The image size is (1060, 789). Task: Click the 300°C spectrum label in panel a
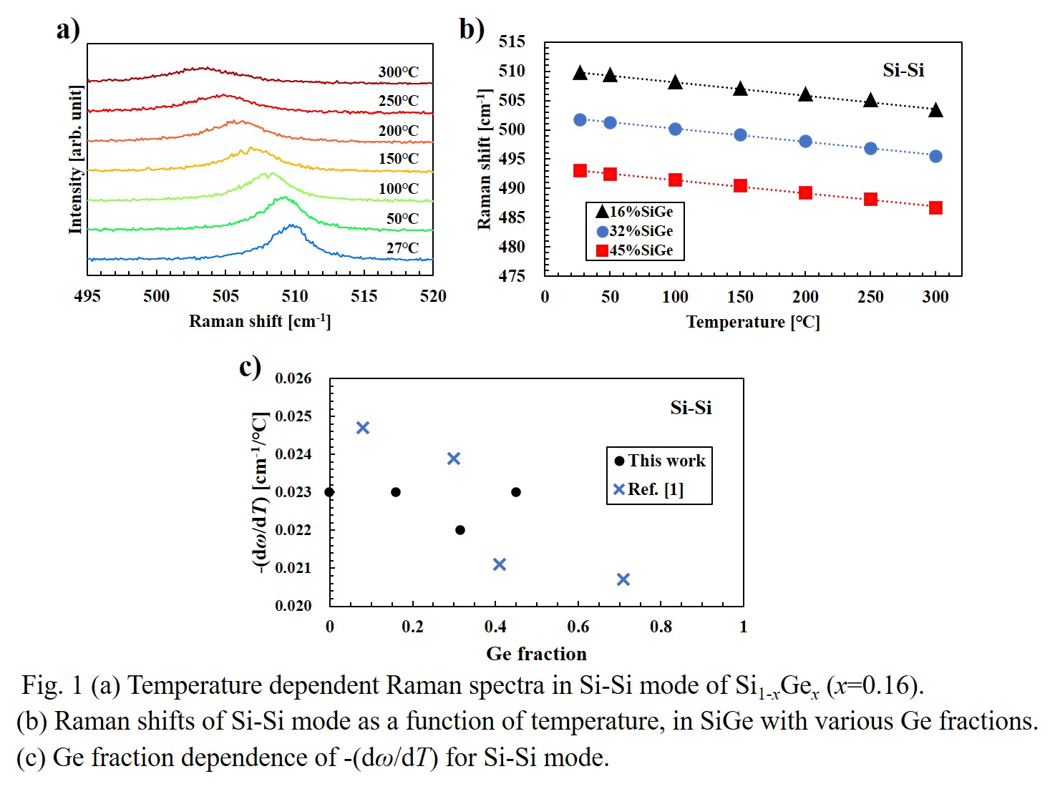398,72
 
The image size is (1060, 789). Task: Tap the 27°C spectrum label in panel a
402,248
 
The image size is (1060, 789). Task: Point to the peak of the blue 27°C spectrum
292,225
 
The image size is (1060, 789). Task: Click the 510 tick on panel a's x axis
294,296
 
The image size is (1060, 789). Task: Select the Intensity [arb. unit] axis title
75,159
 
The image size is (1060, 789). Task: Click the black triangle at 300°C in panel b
935,110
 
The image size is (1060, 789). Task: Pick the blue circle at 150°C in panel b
740,135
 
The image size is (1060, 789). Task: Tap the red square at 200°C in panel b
805,193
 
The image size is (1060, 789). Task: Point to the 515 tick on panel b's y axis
512,41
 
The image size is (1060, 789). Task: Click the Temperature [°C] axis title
752,322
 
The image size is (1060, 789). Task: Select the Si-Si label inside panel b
903,70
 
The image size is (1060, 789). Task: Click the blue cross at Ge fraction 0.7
623,579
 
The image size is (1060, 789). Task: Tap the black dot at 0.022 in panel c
460,530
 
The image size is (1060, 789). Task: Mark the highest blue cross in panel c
363,428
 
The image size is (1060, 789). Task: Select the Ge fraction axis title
536,654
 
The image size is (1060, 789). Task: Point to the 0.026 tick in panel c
293,378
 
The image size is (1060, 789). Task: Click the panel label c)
250,367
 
